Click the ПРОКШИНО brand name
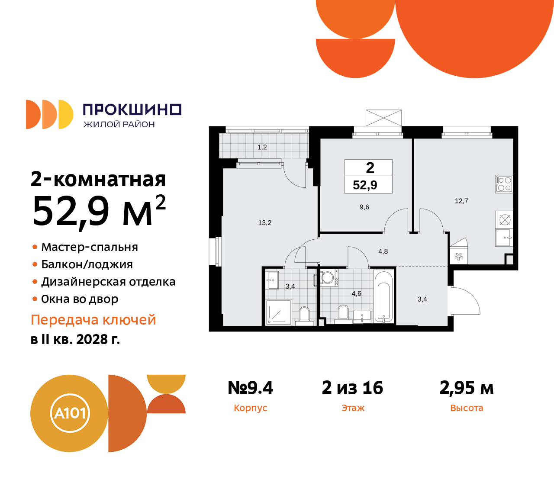(132, 109)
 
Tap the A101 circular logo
(69, 413)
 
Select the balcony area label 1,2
(262, 147)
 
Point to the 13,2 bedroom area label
(264, 223)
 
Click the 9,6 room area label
(364, 207)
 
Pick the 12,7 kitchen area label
(461, 201)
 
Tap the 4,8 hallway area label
(383, 251)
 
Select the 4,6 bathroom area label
(356, 293)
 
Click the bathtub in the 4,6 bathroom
(383, 297)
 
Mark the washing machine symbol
(328, 277)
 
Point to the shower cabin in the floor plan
(278, 312)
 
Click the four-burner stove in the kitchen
(504, 184)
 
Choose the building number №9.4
(251, 388)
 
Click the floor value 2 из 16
(352, 388)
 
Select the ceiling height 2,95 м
(467, 388)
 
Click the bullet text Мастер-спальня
(90, 247)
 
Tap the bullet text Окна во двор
(80, 299)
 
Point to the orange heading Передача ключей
(93, 320)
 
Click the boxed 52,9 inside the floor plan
(365, 185)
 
